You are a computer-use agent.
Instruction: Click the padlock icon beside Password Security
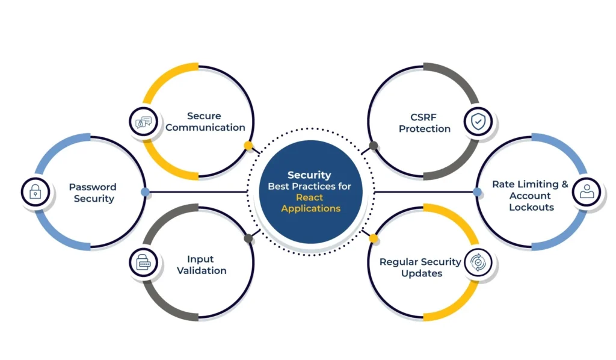(x=35, y=193)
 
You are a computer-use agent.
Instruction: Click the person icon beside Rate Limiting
(x=587, y=193)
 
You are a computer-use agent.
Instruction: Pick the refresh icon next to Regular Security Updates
(x=478, y=262)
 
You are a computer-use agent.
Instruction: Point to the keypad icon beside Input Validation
(x=144, y=263)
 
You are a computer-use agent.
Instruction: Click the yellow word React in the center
(x=309, y=197)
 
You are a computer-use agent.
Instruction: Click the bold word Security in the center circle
(x=309, y=175)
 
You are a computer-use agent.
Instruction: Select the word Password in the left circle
(x=92, y=187)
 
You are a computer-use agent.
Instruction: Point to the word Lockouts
(x=531, y=207)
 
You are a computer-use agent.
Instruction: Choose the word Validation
(x=202, y=270)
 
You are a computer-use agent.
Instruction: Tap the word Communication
(x=205, y=127)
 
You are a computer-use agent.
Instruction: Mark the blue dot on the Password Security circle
(x=145, y=192)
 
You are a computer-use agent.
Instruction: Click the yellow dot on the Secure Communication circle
(x=248, y=146)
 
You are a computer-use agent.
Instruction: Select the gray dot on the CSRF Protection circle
(x=374, y=146)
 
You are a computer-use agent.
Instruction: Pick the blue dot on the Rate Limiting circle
(x=477, y=192)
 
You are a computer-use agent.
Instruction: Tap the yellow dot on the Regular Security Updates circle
(x=374, y=238)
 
